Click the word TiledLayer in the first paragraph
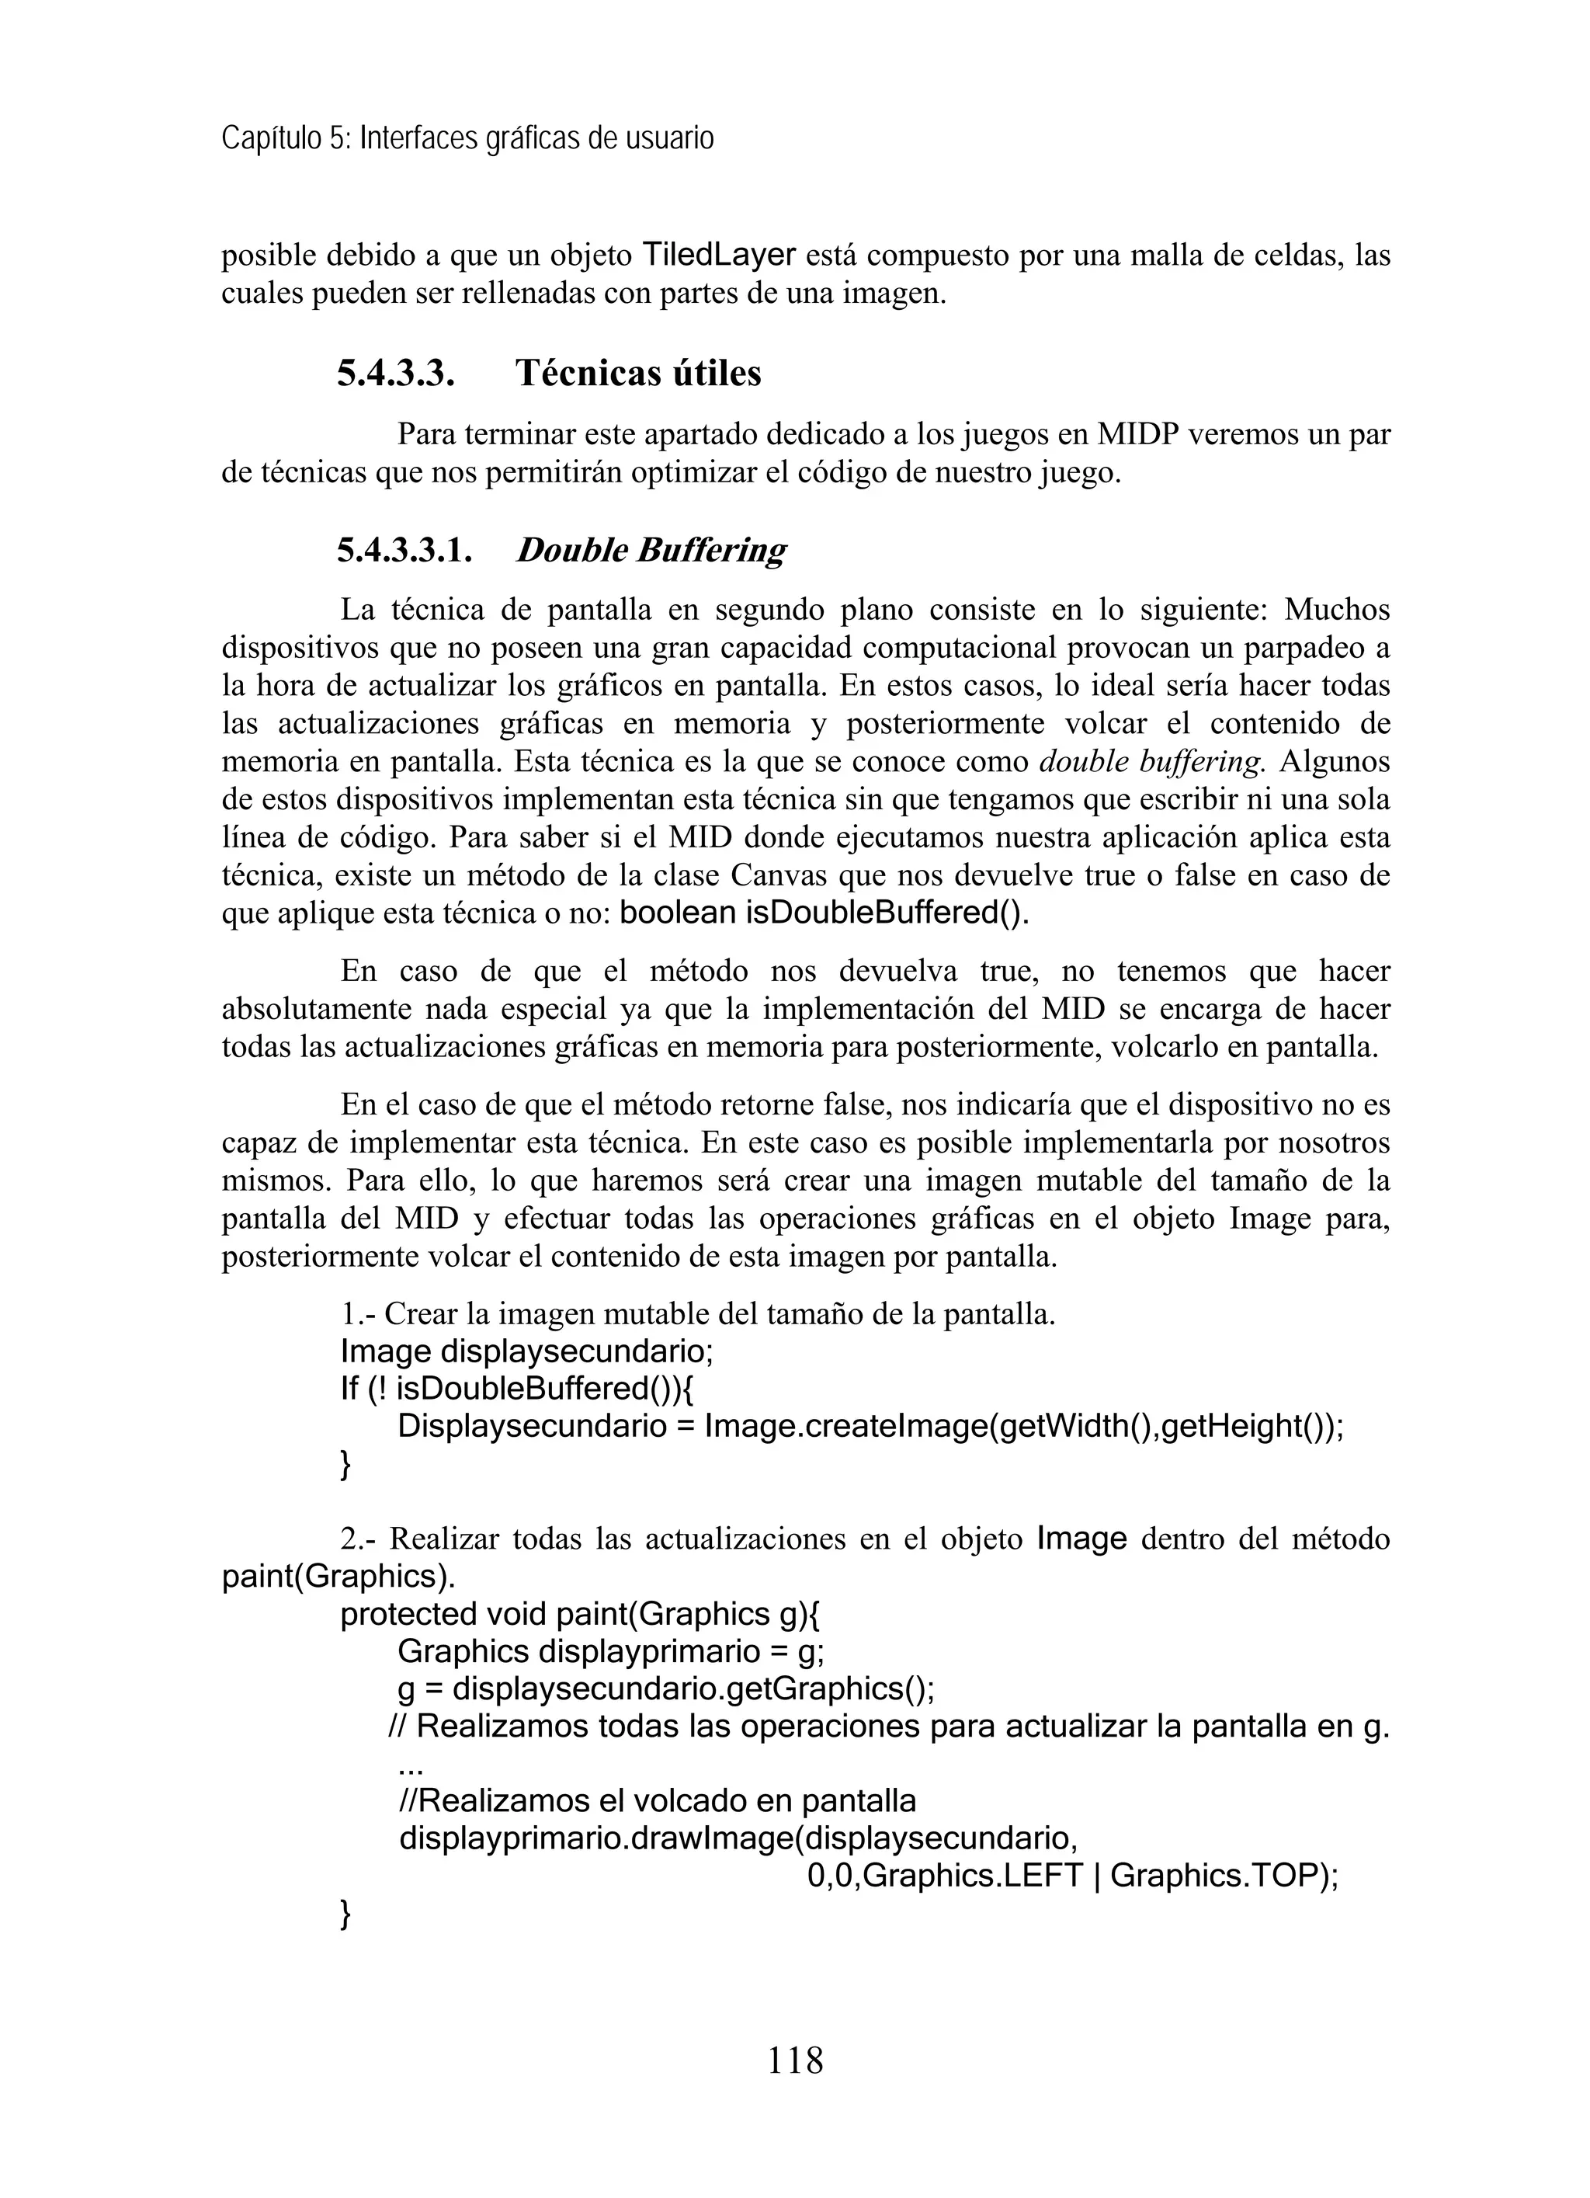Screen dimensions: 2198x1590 coord(719,256)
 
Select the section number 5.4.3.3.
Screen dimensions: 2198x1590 coord(395,373)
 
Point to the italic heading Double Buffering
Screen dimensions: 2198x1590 coord(650,551)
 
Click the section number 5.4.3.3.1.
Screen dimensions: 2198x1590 coord(405,551)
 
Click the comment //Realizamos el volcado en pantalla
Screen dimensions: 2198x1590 coord(657,1802)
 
